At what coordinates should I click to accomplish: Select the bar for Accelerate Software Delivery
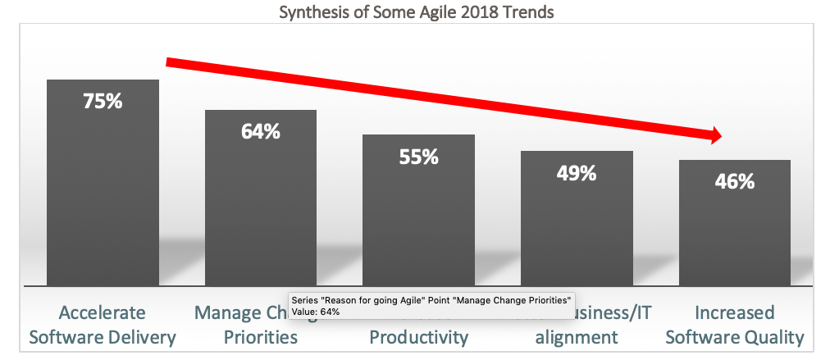tap(103, 197)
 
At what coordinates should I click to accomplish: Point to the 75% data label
tap(103, 102)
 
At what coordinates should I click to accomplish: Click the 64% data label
tap(261, 131)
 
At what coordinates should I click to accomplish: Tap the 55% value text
tap(418, 157)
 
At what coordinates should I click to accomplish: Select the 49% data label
tap(577, 173)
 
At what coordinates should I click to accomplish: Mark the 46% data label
tap(734, 182)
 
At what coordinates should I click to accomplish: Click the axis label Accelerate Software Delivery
tap(103, 325)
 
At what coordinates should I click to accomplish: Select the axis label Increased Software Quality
tap(734, 325)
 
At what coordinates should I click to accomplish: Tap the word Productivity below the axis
tap(418, 337)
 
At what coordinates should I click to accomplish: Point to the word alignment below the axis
tap(577, 337)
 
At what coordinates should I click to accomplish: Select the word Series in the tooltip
tap(306, 300)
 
